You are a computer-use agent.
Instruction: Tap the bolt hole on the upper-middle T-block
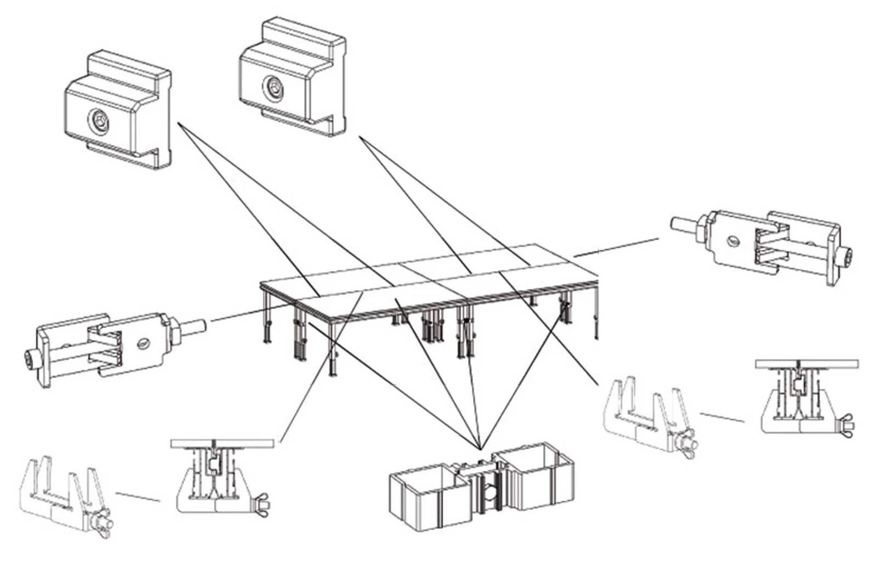[272, 87]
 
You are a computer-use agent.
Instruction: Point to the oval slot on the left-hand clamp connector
[143, 343]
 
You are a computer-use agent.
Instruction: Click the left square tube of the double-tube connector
[422, 496]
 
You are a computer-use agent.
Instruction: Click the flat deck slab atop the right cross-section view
[806, 364]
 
